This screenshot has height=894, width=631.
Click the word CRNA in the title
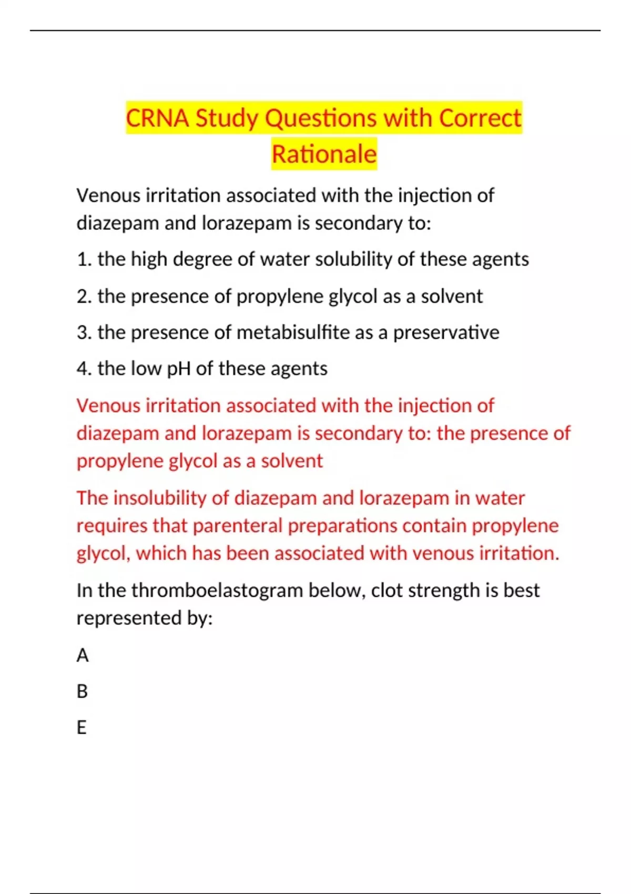coord(157,118)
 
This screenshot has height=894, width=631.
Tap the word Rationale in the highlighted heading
coord(324,154)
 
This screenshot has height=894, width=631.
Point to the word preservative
coord(446,332)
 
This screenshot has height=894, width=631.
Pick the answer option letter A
coord(83,655)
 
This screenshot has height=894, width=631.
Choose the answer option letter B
coord(82,691)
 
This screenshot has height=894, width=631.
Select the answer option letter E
coord(82,727)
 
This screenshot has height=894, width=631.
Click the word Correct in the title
coord(480,118)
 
